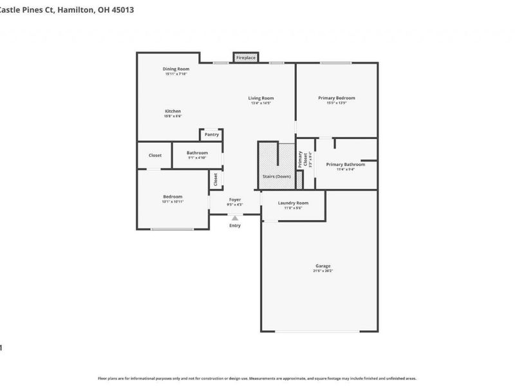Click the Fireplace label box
(x=246, y=58)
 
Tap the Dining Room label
(x=176, y=69)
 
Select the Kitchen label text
(x=173, y=111)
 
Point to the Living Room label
(x=261, y=98)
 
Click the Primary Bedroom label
(x=336, y=98)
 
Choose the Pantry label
(x=212, y=134)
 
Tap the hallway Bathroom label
(x=197, y=152)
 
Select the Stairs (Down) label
(x=277, y=176)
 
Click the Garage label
(x=323, y=266)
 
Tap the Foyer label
(x=235, y=199)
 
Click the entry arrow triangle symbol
(x=235, y=218)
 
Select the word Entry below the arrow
(x=235, y=225)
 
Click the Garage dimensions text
(x=323, y=271)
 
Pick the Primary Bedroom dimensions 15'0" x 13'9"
(x=336, y=103)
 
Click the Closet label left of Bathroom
(x=155, y=155)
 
